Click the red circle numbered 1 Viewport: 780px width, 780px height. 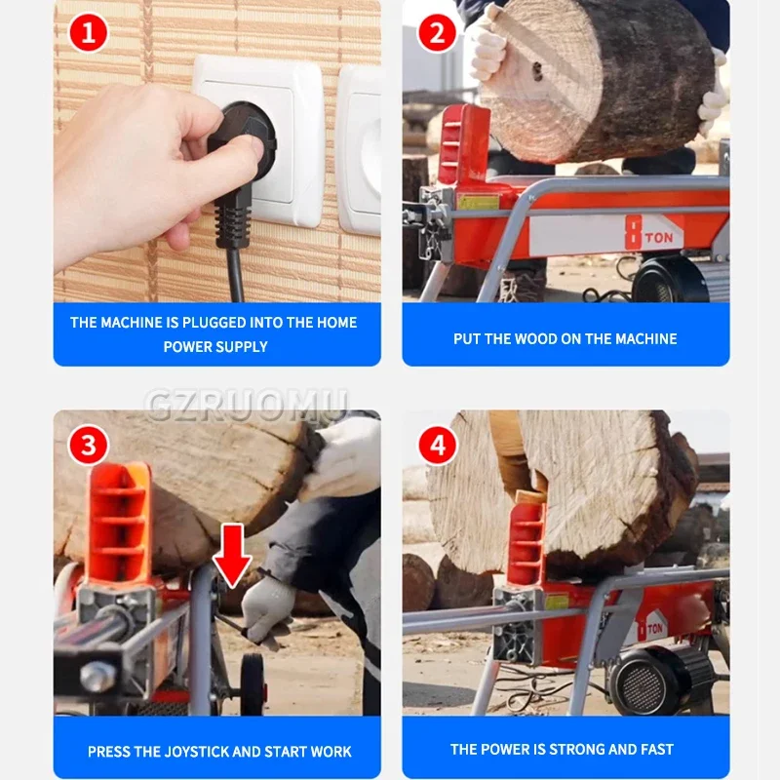88,33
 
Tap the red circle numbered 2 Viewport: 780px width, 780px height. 437,33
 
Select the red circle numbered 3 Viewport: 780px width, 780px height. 88,445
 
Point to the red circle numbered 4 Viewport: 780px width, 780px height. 437,445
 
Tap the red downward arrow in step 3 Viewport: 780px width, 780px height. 232,556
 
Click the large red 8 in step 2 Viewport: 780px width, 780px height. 633,232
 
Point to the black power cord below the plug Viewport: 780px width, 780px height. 235,275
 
